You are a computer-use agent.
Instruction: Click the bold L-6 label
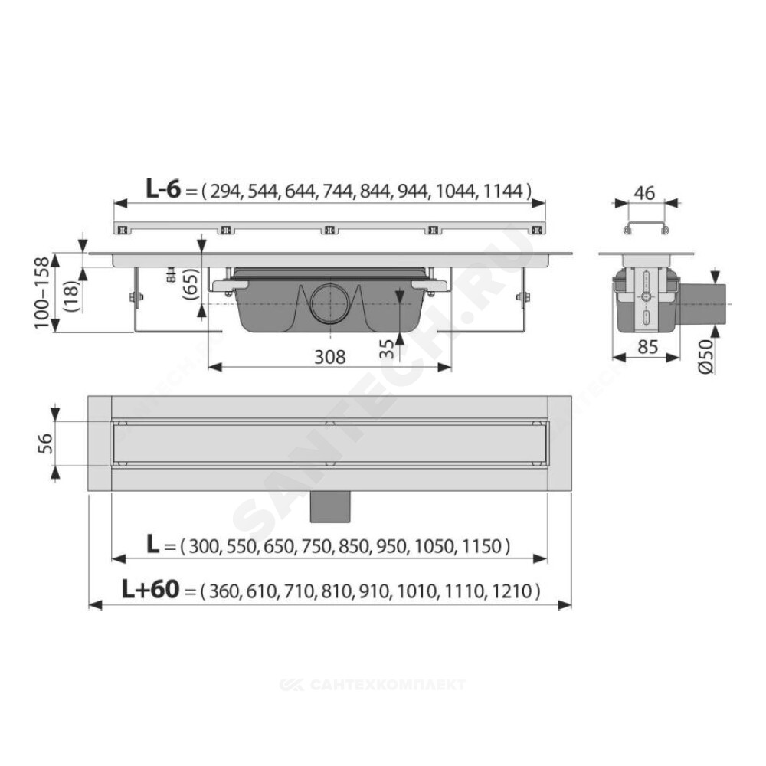[163, 189]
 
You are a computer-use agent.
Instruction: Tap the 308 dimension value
[329, 357]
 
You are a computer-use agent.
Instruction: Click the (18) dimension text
[71, 296]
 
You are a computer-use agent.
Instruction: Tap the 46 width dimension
[644, 193]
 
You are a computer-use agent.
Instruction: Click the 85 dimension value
[648, 346]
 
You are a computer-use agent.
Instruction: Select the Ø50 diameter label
[706, 357]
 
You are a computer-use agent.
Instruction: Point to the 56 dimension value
[45, 444]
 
